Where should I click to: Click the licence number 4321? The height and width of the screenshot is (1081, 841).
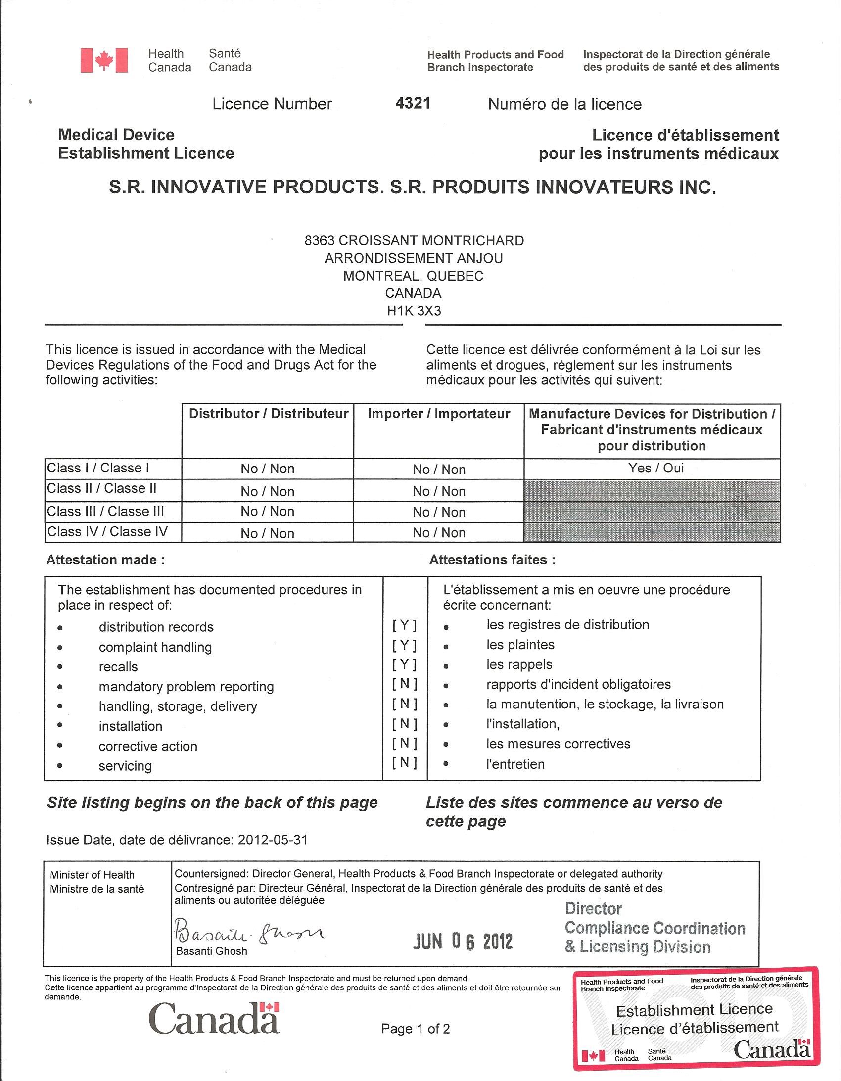coord(413,103)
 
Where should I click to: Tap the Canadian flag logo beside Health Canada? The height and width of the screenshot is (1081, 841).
coord(104,61)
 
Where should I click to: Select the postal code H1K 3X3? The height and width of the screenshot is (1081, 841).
coord(414,311)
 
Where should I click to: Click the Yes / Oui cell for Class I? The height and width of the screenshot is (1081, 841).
coord(656,468)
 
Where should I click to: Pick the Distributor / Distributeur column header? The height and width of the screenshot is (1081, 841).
coord(268,414)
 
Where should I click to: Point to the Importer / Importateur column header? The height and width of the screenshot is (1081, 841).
coord(439,414)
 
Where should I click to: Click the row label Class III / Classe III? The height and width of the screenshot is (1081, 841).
coord(105,511)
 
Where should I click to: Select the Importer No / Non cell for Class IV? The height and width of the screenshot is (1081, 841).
coord(439,532)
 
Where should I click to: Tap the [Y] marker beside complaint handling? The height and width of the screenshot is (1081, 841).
coord(404,645)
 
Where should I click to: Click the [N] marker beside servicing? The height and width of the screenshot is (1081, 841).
coord(404,763)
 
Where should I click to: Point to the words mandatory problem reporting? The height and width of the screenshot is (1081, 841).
coord(186,687)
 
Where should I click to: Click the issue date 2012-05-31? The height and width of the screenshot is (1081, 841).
coord(273,840)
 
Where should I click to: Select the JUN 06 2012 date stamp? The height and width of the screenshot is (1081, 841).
coord(463,941)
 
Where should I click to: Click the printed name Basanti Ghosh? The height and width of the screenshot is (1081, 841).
coord(211,951)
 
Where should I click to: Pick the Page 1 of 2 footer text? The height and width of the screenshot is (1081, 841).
coord(415,1029)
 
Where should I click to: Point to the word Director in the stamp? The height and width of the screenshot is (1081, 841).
coord(593,909)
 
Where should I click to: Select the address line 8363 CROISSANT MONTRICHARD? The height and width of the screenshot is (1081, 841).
coord(414,240)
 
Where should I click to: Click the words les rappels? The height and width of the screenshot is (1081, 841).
coord(519,664)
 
